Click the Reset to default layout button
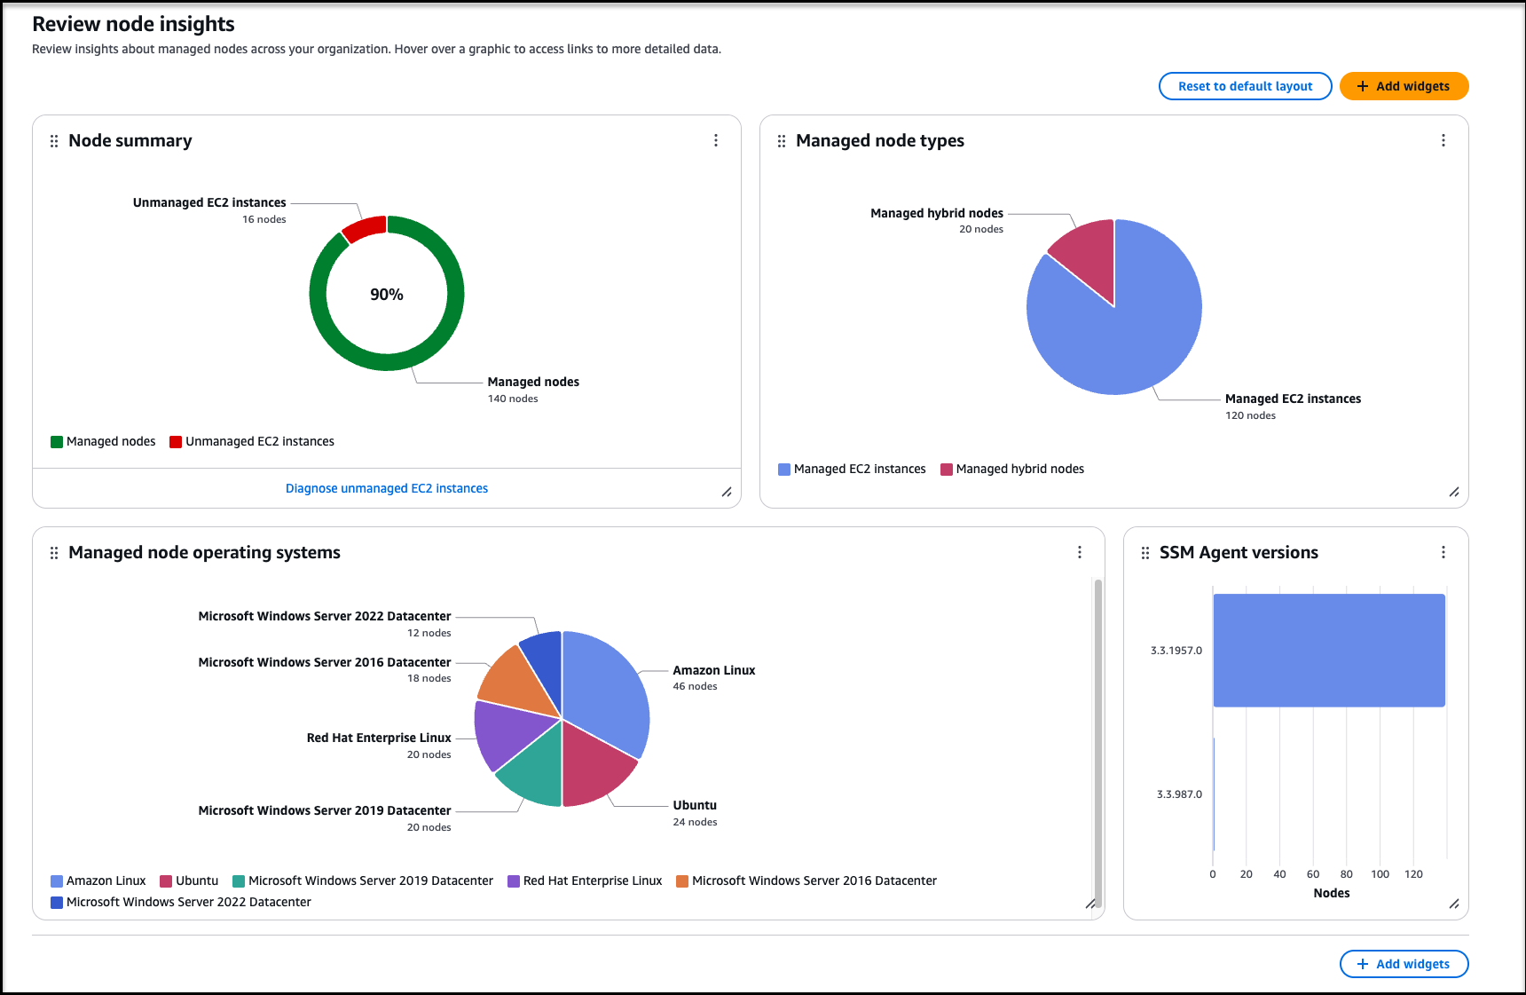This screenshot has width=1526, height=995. coord(1245,86)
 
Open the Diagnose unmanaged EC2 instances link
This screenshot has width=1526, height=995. coord(386,488)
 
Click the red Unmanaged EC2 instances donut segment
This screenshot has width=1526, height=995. coord(364,228)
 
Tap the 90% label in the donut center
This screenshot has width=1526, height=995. coord(387,295)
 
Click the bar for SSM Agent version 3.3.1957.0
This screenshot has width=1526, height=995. coord(1328,651)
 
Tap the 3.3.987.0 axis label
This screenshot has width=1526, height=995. coord(1179,794)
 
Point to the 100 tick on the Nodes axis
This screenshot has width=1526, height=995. coord(1380,874)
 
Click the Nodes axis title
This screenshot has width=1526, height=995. coord(1331,893)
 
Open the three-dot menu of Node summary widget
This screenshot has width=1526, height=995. coord(716,140)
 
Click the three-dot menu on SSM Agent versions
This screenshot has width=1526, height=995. coord(1443,552)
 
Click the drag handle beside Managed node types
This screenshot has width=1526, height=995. coord(782,141)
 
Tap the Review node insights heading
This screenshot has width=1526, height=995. coord(133,24)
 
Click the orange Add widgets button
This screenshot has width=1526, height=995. coord(1404,86)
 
